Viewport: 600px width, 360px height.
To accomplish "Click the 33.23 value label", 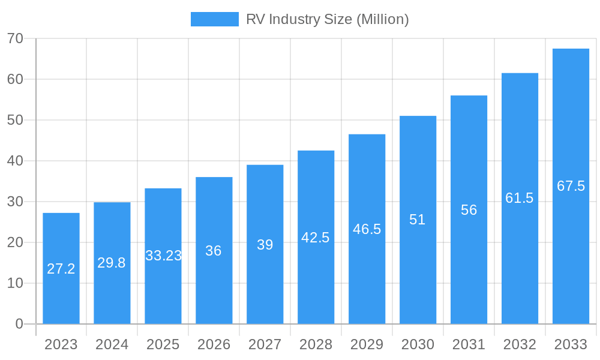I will tap(163, 256).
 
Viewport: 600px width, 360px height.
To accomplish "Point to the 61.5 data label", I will tap(520, 198).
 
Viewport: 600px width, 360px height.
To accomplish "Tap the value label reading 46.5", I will tap(367, 229).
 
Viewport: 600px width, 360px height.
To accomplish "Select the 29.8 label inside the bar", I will tap(112, 263).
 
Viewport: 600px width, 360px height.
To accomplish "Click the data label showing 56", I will tap(469, 210).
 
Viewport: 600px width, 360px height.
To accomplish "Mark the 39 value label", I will tap(265, 245).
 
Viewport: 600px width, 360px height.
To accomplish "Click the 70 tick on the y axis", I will tap(15, 38).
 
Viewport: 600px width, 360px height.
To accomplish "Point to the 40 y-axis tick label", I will tap(15, 161).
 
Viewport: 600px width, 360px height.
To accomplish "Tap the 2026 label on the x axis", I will tap(214, 344).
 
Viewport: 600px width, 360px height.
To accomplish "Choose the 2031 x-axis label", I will tap(469, 344).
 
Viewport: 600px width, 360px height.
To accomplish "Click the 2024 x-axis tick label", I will tap(112, 344).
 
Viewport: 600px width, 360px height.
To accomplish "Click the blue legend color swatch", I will tap(214, 19).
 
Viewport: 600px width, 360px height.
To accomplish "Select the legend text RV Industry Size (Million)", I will tap(327, 19).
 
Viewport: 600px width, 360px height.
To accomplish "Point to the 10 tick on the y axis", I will tap(15, 283).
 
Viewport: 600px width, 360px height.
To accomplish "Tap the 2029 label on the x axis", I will tap(367, 344).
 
